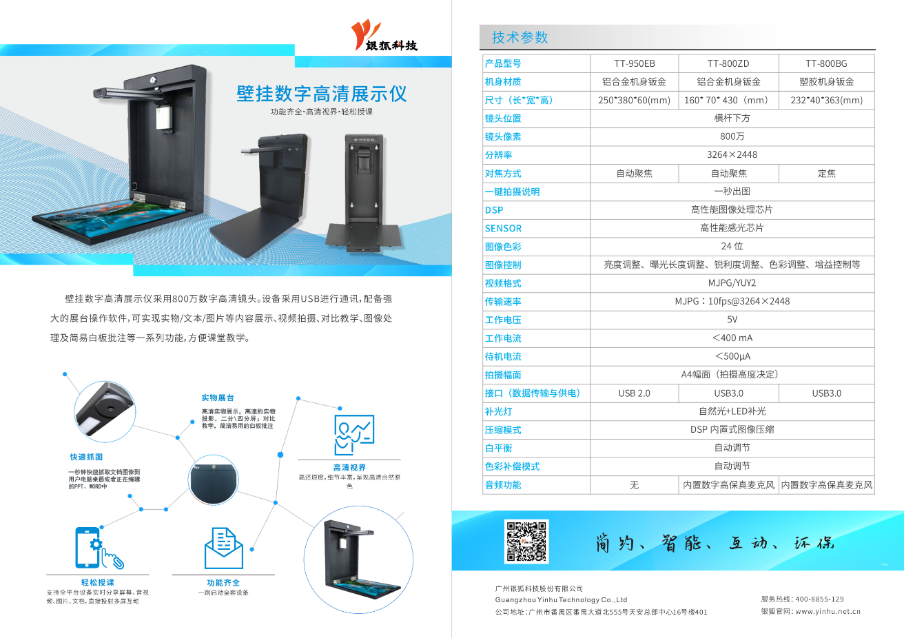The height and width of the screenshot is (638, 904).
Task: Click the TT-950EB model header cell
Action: point(634,63)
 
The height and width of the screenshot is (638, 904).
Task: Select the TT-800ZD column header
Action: point(728,63)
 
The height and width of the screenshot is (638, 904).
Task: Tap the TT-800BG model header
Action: point(826,63)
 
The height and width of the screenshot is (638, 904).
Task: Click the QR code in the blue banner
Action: point(527,542)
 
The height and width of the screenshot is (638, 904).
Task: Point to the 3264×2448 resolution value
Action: point(732,155)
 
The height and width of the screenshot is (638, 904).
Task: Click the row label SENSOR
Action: point(503,228)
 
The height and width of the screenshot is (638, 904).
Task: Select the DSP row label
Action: point(494,210)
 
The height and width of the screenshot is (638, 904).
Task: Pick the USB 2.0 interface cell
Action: point(634,393)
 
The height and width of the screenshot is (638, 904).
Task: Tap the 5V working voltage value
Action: point(732,320)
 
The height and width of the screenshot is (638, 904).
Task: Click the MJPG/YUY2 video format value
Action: point(732,283)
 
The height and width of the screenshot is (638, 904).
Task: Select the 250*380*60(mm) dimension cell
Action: point(634,100)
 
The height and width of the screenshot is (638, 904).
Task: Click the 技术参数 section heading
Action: point(520,37)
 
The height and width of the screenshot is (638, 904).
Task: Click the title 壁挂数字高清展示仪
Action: point(321,94)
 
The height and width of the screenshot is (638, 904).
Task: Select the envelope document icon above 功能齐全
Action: point(223,548)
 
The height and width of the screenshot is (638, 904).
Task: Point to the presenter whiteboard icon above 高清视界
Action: point(353,435)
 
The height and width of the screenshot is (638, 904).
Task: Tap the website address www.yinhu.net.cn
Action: point(828,611)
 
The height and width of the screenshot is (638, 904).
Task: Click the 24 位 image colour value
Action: point(732,247)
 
